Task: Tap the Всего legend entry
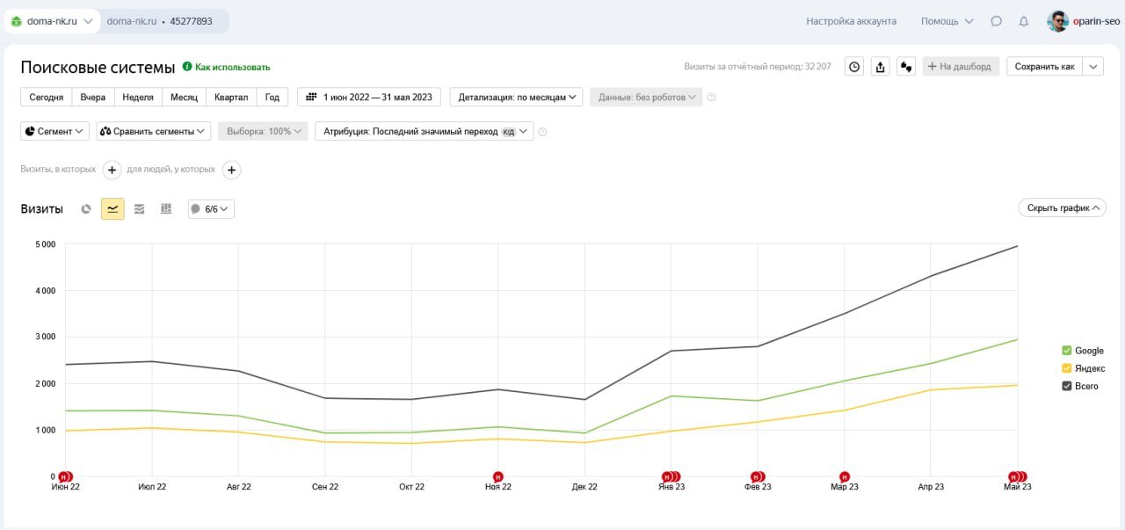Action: pyautogui.click(x=1080, y=386)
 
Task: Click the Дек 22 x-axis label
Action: pyautogui.click(x=584, y=487)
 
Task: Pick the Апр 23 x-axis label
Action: pyautogui.click(x=931, y=487)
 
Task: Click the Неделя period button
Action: pyautogui.click(x=138, y=97)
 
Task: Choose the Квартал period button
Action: pyautogui.click(x=231, y=97)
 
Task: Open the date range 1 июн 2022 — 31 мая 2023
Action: pyautogui.click(x=369, y=97)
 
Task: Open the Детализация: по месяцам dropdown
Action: pyautogui.click(x=516, y=97)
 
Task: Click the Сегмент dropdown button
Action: pyautogui.click(x=55, y=131)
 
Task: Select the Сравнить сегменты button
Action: pyautogui.click(x=154, y=131)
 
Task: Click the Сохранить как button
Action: pyautogui.click(x=1044, y=66)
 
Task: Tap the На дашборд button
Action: pyautogui.click(x=960, y=66)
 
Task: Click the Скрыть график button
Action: pyautogui.click(x=1062, y=208)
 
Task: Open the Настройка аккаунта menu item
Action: pyautogui.click(x=851, y=21)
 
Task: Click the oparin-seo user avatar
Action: pyautogui.click(x=1057, y=21)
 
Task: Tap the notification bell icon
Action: pyautogui.click(x=1023, y=21)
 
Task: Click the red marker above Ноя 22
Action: pyautogui.click(x=498, y=476)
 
